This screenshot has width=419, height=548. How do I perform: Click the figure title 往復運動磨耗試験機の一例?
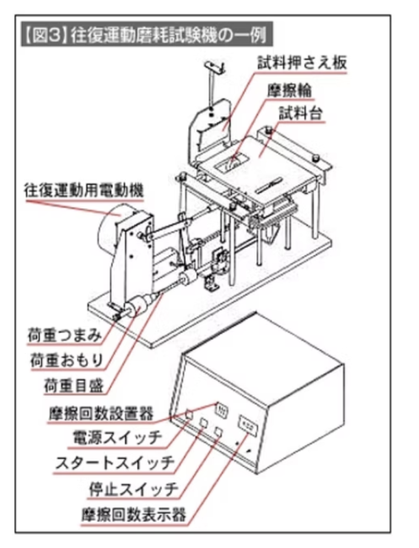169,35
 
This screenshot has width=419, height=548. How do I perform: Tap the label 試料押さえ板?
303,62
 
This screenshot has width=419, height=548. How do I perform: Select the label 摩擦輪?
289,90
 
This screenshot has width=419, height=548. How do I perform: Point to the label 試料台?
300,113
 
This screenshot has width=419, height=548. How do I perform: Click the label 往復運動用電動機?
83,191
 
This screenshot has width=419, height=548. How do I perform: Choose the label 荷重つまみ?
65,336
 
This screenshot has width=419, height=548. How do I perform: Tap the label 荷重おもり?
67,360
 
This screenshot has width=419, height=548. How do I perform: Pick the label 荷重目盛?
73,385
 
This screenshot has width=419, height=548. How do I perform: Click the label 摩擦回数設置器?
101,413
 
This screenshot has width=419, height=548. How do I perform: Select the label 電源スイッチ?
117,438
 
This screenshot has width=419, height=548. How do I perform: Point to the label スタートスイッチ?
115,464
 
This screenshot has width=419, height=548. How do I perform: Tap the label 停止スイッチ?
133,489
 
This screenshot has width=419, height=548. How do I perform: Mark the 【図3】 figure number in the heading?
46,35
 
